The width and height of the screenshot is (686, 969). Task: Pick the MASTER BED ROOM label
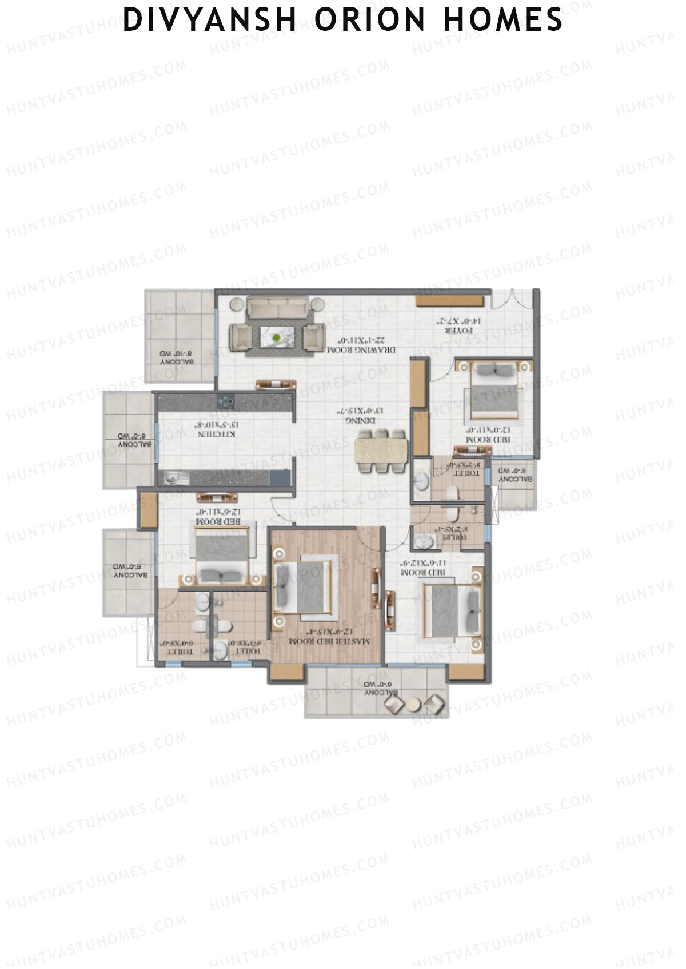click(328, 642)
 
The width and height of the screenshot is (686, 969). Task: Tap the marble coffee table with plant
click(277, 336)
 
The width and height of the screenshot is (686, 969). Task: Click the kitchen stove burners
click(225, 401)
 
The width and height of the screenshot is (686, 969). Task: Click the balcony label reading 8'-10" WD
click(177, 357)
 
